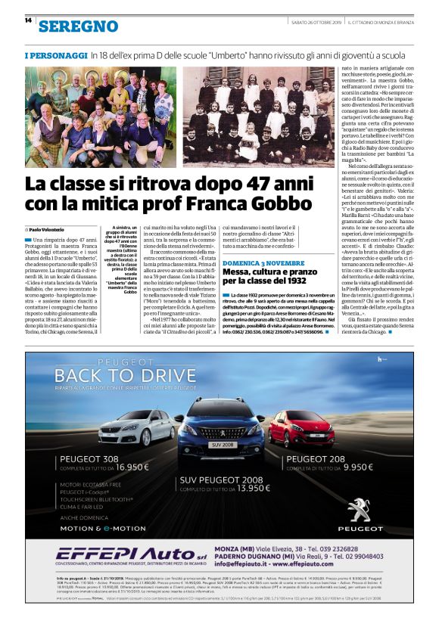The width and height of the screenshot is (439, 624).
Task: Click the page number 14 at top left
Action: pos(28,20)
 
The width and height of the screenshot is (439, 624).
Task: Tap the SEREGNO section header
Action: pos(67,26)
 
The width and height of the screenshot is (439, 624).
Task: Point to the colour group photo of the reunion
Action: pos(100,117)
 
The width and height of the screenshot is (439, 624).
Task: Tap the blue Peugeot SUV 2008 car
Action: pos(219,429)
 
